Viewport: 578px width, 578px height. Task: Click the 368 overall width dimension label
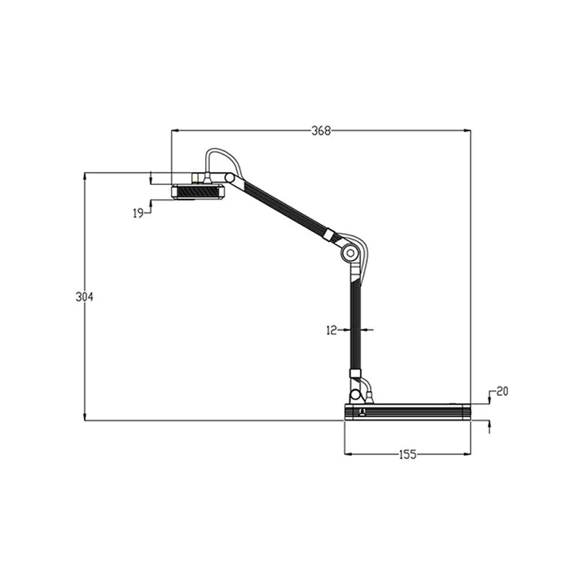point(321,131)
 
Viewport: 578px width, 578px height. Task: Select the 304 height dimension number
point(85,297)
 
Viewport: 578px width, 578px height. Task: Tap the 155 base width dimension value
point(407,454)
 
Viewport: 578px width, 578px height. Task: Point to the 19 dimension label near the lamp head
point(139,212)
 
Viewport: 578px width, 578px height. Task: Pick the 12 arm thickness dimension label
point(332,329)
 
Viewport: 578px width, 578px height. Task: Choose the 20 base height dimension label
point(502,391)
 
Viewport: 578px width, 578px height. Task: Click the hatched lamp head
point(197,192)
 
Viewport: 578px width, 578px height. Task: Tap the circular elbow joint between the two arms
point(350,253)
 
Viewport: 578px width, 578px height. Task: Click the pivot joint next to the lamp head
point(230,178)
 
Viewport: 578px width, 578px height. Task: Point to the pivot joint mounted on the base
point(355,396)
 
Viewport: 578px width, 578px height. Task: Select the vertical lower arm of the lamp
point(355,325)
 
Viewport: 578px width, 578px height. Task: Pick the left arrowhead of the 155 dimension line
point(348,454)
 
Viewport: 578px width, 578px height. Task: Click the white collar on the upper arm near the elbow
point(329,235)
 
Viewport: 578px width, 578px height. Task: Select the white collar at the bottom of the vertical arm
point(355,374)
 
